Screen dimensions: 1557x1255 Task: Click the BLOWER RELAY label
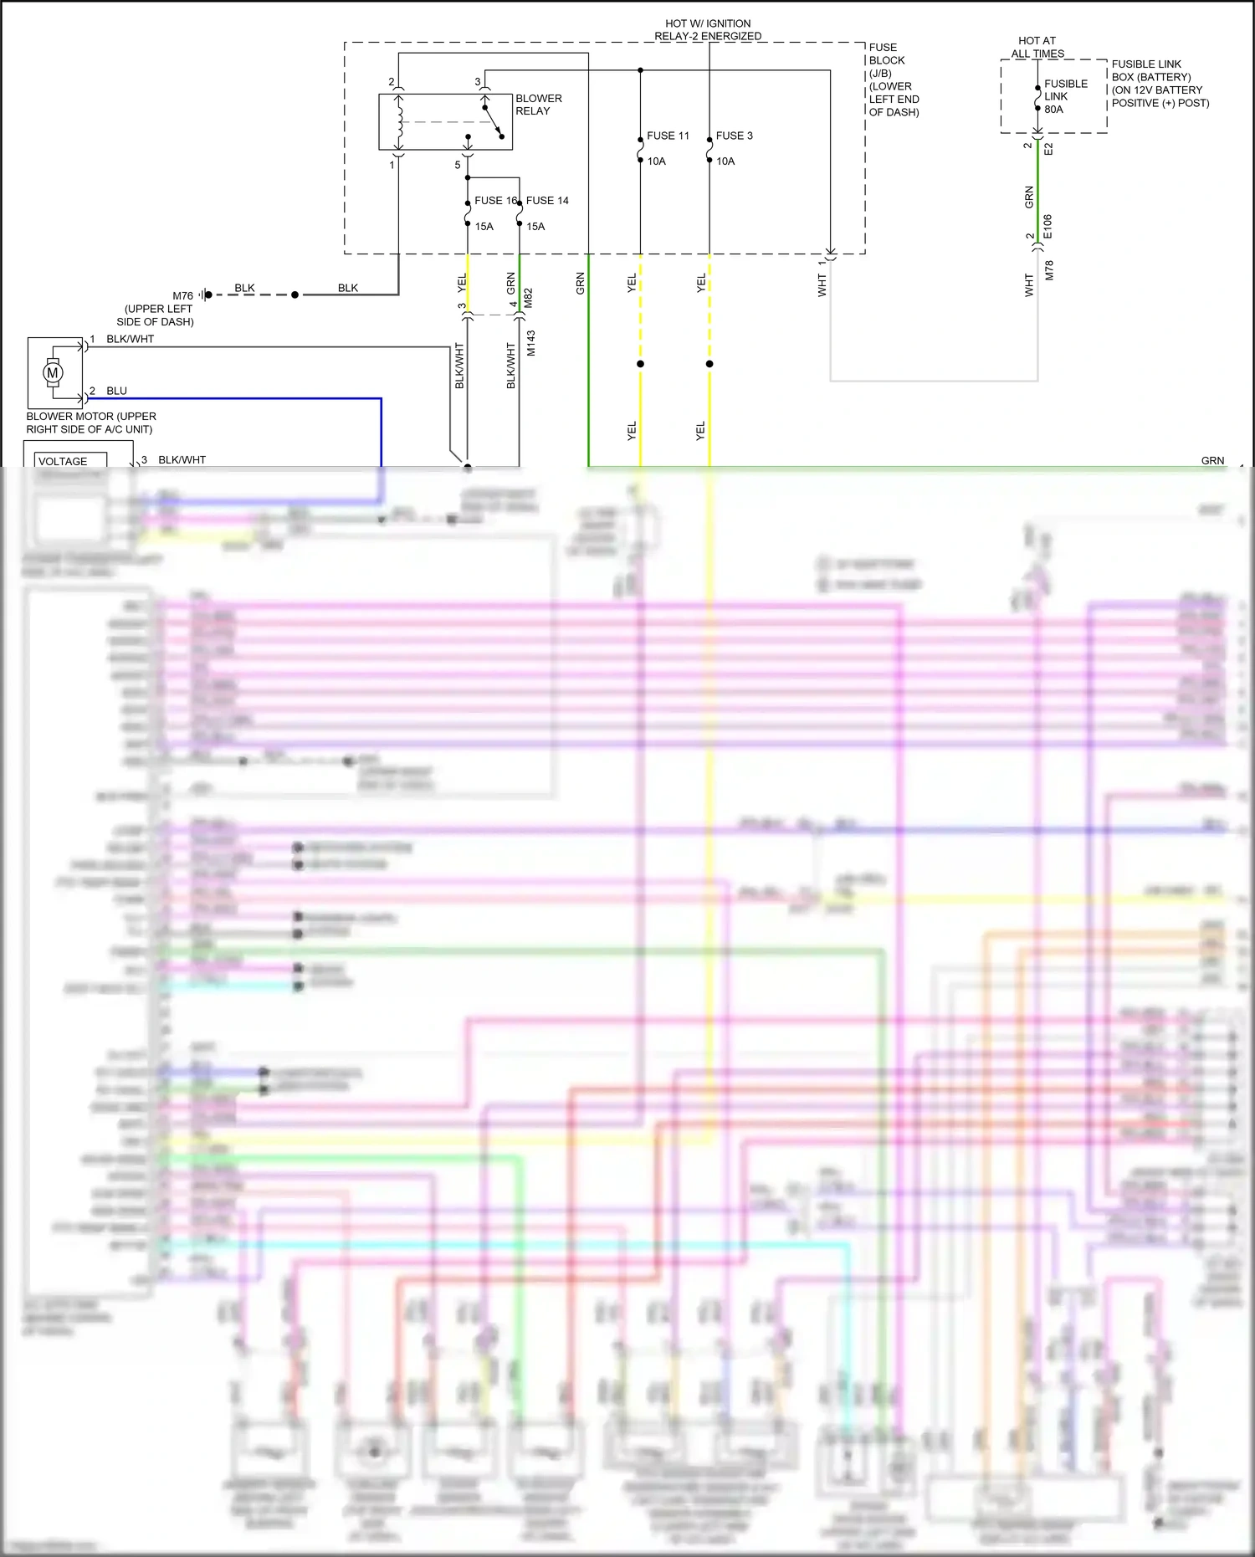(538, 105)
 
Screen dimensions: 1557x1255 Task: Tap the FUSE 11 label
(668, 136)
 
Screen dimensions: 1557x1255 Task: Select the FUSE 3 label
(734, 136)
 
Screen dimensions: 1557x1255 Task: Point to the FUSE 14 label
(547, 201)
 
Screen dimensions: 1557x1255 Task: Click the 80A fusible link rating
(1053, 110)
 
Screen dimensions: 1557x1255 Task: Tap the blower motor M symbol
(53, 373)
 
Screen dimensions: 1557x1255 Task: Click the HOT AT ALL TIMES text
(1037, 47)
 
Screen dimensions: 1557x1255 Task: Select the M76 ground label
(182, 296)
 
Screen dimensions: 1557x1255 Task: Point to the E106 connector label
(1048, 227)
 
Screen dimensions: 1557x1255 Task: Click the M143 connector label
(530, 343)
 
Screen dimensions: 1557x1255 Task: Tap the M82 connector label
(528, 298)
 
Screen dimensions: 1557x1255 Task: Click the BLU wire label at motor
(116, 391)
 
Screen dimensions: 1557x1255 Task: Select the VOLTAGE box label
(63, 461)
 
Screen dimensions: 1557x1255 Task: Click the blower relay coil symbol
(400, 121)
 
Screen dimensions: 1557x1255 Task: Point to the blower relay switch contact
(494, 121)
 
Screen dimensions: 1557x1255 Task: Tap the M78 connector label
(1049, 270)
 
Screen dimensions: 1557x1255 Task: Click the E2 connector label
(1048, 148)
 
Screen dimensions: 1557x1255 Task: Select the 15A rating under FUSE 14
(535, 227)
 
